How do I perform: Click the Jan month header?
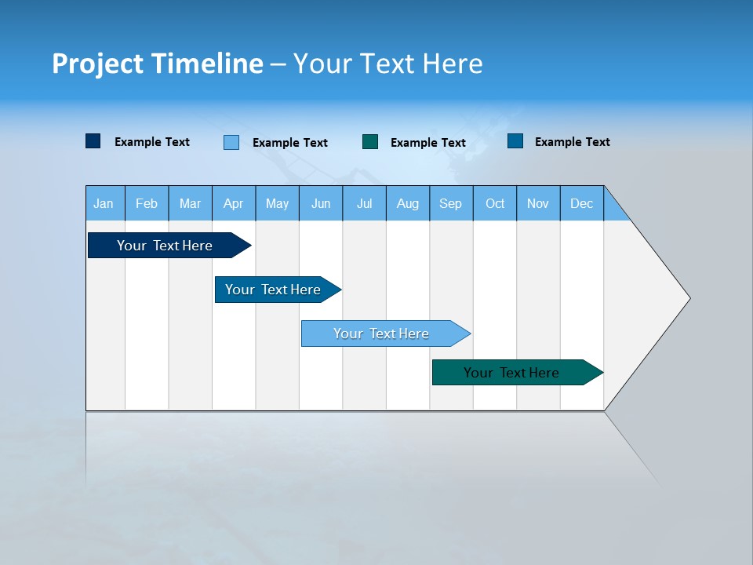click(104, 203)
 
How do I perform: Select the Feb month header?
click(147, 203)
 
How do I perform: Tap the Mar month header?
click(190, 203)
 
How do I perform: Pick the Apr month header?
click(234, 203)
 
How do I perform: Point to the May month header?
click(277, 203)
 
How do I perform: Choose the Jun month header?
click(321, 203)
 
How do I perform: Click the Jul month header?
click(364, 203)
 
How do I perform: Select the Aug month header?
click(408, 203)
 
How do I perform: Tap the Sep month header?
click(451, 203)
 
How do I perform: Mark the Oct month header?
click(495, 203)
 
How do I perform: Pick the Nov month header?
click(538, 203)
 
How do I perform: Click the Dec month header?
click(582, 203)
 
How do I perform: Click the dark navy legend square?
click(93, 141)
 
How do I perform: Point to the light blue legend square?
click(231, 142)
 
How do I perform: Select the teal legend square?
click(370, 142)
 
